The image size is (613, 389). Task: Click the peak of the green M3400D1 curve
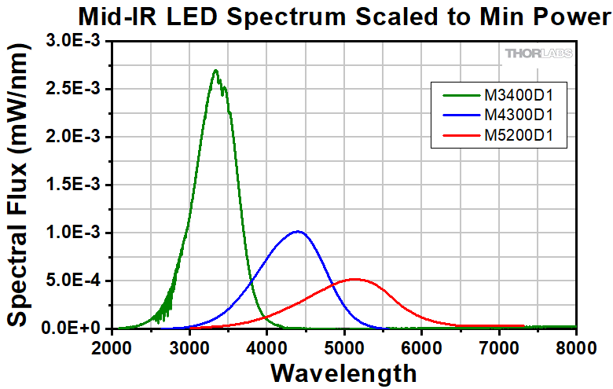tap(215, 71)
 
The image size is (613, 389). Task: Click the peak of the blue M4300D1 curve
tap(297, 232)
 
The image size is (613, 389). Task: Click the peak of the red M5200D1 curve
tap(354, 279)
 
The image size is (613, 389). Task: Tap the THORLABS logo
tap(538, 53)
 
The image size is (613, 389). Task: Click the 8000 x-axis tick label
tap(575, 347)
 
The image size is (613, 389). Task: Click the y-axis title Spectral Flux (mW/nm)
tap(21, 185)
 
